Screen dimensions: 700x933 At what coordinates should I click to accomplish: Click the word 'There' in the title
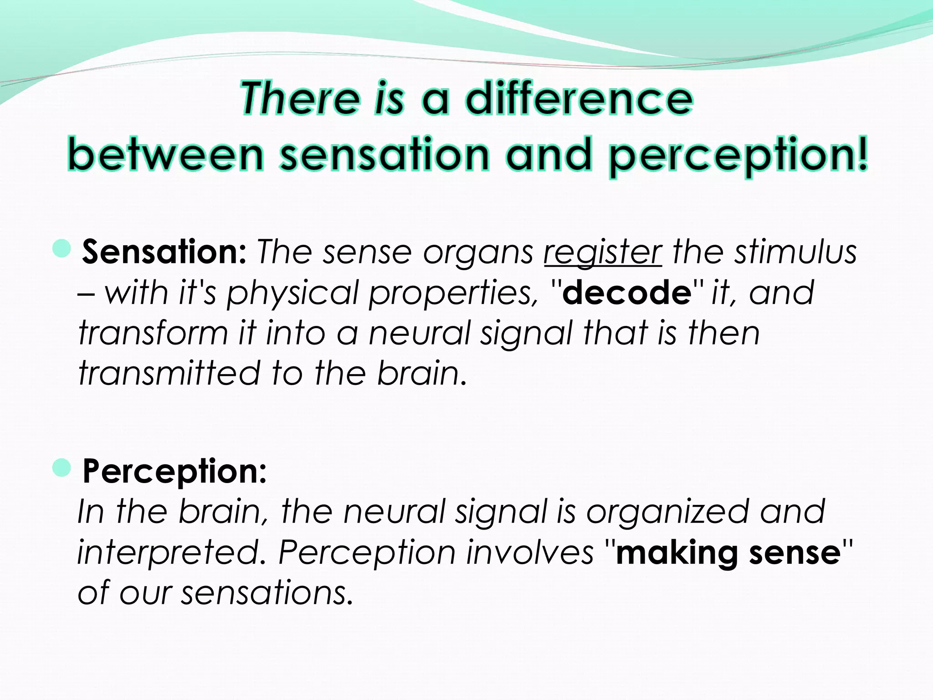pos(300,98)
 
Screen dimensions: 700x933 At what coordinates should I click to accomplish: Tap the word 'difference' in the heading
pos(579,98)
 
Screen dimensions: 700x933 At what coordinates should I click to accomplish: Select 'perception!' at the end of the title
pos(738,155)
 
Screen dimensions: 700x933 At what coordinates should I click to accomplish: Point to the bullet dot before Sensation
pos(62,249)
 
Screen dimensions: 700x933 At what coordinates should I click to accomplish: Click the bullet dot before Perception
pos(62,468)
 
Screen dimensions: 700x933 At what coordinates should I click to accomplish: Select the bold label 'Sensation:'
pos(164,252)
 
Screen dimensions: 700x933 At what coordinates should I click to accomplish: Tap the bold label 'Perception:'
pos(174,471)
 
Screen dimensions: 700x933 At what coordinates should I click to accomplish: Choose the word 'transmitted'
pos(169,373)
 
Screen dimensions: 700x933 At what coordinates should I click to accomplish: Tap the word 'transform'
pos(153,333)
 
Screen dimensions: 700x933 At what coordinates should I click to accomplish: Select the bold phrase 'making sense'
pos(728,553)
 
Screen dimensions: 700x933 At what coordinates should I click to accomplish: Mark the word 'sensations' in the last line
pos(267,593)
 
